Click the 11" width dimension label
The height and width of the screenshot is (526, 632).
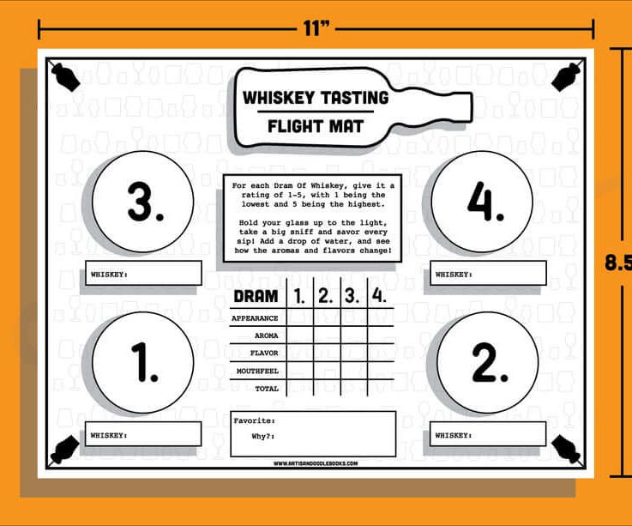(316, 28)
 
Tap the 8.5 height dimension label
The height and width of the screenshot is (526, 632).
(618, 263)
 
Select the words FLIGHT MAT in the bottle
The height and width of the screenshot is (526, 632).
(316, 126)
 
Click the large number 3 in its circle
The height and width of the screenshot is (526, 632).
(145, 202)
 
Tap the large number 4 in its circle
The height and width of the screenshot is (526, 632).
(485, 201)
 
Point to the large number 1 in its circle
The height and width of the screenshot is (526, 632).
(145, 362)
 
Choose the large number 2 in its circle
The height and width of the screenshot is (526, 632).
(490, 362)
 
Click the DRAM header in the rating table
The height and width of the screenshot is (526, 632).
(256, 297)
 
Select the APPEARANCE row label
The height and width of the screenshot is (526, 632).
(255, 318)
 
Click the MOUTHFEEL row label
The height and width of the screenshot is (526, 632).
(257, 371)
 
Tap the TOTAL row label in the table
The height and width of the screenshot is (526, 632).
(267, 389)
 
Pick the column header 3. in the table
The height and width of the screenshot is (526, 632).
(352, 296)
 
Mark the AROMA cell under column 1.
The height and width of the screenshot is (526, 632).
(300, 335)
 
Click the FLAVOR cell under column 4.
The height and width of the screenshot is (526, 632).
(381, 353)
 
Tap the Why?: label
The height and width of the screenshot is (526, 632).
(263, 437)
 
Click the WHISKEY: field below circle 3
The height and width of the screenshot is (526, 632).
(143, 273)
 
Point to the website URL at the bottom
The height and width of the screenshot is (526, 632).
(316, 463)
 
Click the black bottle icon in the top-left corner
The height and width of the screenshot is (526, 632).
(65, 76)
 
